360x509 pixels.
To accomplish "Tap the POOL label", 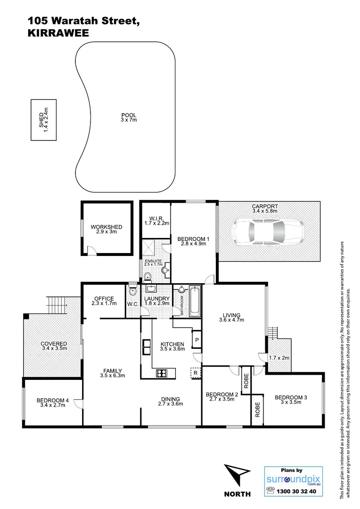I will coord(128,115).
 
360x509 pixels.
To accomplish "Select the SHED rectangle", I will coord(43,120).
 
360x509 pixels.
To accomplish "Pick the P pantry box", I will coord(196,339).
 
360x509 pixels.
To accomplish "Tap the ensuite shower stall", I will coord(150,248).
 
